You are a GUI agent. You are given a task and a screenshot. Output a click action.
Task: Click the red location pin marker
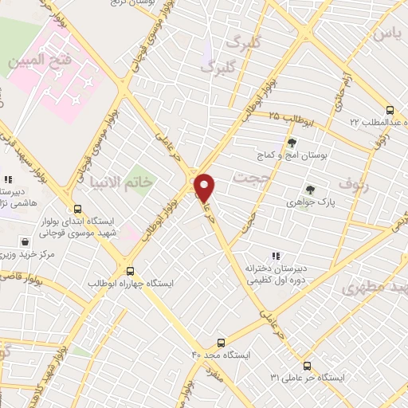[x=206, y=188]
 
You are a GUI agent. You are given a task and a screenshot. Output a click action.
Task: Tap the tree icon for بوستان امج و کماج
[x=293, y=143]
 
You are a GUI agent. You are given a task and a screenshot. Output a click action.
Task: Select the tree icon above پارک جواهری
[x=310, y=190]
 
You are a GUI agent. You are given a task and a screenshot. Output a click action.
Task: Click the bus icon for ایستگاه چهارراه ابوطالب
[x=130, y=271]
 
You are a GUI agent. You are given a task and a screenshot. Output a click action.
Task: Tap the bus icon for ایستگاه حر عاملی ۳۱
[x=328, y=364]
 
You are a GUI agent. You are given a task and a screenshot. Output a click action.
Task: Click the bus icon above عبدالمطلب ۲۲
[x=389, y=111]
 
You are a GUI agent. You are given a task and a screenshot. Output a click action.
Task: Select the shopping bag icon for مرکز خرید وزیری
[x=25, y=241]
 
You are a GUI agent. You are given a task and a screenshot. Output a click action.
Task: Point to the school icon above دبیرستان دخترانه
[x=275, y=256]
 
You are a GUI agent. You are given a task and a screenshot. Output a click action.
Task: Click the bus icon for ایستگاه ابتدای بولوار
[x=76, y=206]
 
